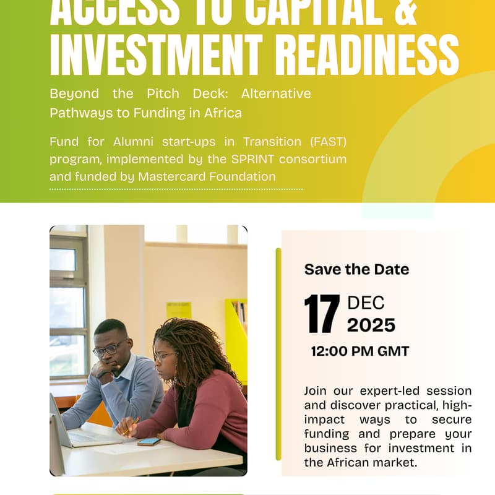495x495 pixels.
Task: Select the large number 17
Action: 322,315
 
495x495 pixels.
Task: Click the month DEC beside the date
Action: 366,303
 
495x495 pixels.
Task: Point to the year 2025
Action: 371,325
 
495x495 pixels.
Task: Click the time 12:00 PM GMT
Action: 359,351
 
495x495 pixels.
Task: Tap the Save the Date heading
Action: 356,269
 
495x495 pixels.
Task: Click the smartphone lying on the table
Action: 148,441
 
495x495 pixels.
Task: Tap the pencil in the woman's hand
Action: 131,426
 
